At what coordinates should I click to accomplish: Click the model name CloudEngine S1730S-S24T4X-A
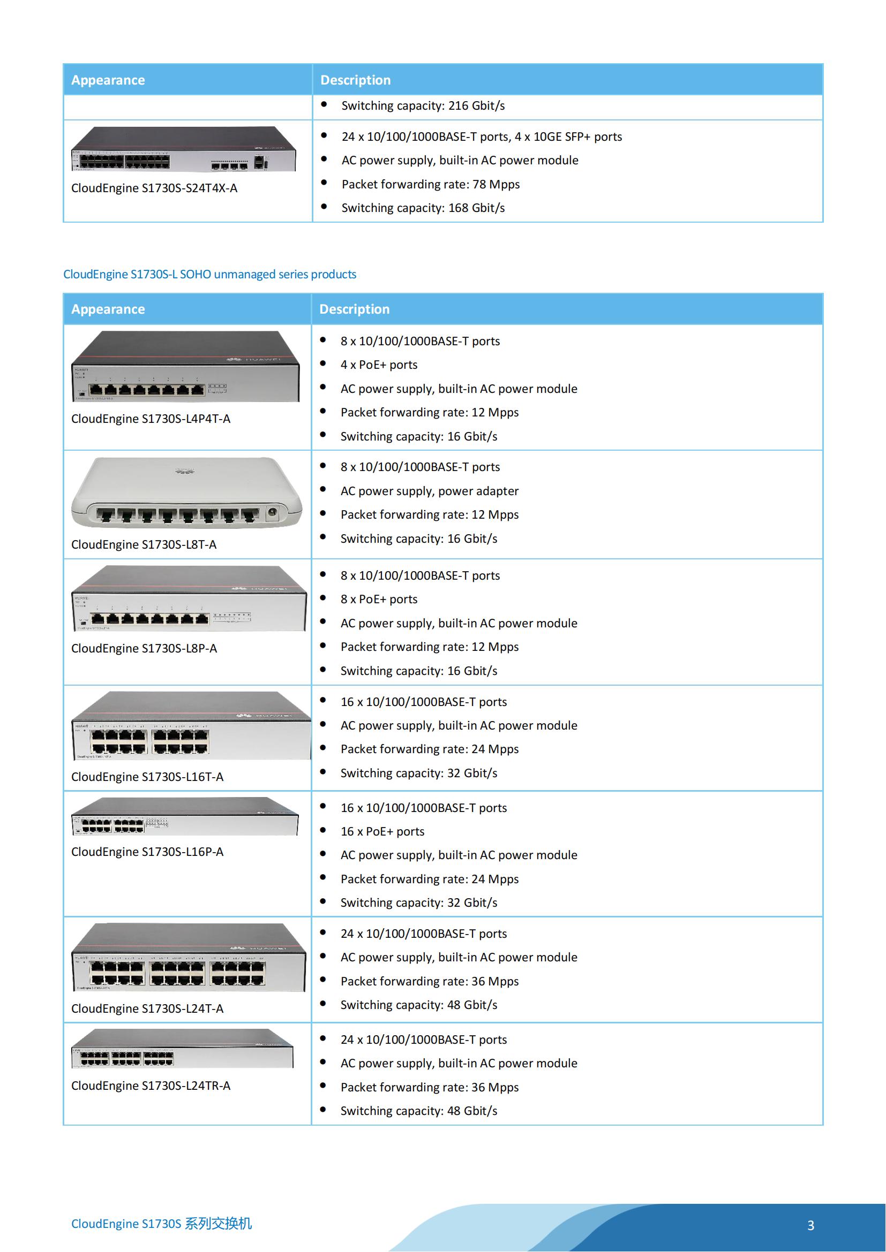(x=154, y=188)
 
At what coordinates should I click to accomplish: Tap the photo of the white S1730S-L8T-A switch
(x=186, y=493)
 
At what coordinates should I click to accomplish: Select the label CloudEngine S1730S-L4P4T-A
(x=151, y=419)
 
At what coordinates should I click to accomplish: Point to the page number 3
(x=810, y=1225)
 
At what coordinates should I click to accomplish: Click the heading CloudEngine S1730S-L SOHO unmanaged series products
(x=209, y=274)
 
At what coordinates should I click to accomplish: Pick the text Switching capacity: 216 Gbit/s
(x=423, y=106)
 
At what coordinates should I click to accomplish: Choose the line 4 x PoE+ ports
(x=379, y=365)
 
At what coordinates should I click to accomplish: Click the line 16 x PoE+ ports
(x=382, y=832)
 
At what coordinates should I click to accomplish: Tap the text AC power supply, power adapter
(x=430, y=491)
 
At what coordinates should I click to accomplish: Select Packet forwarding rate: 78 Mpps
(x=431, y=184)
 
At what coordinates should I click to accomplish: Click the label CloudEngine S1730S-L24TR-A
(x=151, y=1086)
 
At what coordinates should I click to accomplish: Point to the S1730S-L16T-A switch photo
(x=190, y=726)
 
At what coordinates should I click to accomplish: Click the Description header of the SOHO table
(x=354, y=309)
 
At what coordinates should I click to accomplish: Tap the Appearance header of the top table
(x=108, y=80)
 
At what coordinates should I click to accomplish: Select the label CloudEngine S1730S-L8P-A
(x=144, y=648)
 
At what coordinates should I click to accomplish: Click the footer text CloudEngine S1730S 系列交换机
(x=161, y=1224)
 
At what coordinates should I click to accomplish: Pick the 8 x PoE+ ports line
(x=379, y=600)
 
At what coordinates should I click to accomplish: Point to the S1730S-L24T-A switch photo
(x=188, y=958)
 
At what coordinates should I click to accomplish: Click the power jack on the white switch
(x=272, y=512)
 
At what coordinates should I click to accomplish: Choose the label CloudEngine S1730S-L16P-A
(x=147, y=852)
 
